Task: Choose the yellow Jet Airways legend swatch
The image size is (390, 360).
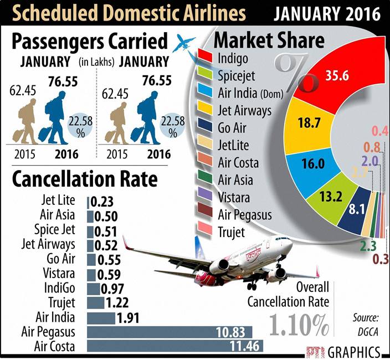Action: [x=206, y=110]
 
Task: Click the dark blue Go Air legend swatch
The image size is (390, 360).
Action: [x=206, y=127]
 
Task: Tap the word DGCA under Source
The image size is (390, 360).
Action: [x=366, y=331]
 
